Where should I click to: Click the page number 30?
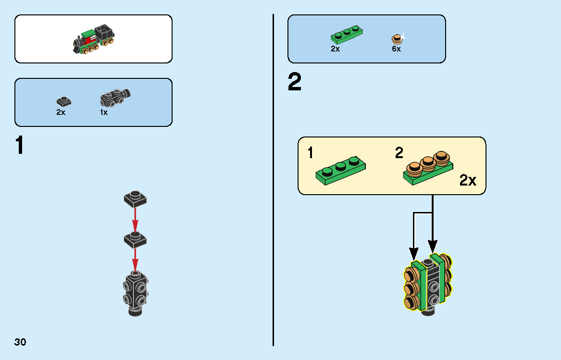pos(20,342)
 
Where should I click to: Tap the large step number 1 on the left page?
pos(20,145)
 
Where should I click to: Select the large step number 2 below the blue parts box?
pos(295,82)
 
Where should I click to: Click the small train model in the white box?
pos(94,39)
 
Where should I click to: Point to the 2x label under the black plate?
pos(61,112)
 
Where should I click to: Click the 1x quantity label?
pos(104,112)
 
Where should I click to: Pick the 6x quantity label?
pos(397,49)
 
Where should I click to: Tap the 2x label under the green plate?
pos(335,49)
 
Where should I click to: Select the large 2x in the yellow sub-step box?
pos(468,180)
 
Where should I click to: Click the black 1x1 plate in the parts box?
pos(63,101)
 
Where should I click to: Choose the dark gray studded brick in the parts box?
pos(115,98)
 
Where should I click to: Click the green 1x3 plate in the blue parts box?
pos(346,35)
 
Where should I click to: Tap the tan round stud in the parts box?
pos(397,39)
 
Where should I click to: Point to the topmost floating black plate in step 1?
pos(135,199)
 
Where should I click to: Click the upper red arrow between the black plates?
pos(135,220)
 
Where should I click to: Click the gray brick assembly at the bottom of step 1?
pos(136,294)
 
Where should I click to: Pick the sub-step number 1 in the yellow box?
pos(310,153)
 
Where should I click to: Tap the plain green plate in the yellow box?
pos(341,170)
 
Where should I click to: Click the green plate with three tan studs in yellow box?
pos(428,168)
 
